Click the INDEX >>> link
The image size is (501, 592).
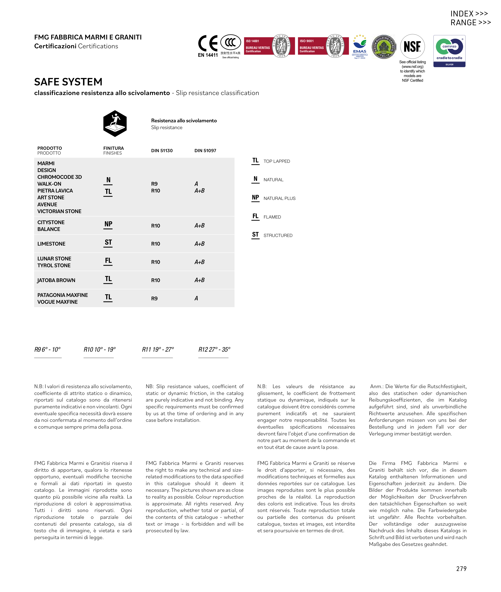click(469, 14)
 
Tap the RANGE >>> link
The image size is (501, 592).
click(470, 23)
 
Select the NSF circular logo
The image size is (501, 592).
click(412, 46)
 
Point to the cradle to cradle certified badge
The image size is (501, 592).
click(449, 51)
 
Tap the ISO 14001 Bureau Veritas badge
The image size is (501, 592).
click(269, 46)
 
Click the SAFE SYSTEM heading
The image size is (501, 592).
click(68, 82)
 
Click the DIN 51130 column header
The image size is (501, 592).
click(162, 151)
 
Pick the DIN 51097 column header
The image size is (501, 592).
click(205, 151)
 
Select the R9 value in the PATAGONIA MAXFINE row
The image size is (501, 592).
click(154, 299)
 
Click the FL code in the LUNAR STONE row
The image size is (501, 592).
click(108, 261)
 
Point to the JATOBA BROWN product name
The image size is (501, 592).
click(56, 280)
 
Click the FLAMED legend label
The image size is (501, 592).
click(272, 217)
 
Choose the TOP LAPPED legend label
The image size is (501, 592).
click(277, 161)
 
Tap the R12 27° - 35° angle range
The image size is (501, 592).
click(214, 349)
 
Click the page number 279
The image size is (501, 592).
click(461, 569)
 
